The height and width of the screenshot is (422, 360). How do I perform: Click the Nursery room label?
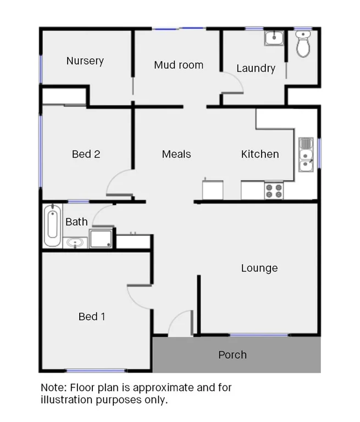point(85,61)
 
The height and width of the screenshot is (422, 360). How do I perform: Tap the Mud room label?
point(178,65)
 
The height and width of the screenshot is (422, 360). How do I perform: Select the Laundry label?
point(256,68)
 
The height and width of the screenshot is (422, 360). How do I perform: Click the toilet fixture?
point(303,43)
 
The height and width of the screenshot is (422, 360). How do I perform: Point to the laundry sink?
point(273,38)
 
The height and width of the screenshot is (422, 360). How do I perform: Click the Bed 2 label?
point(86,154)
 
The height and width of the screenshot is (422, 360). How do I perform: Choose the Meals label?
point(176,154)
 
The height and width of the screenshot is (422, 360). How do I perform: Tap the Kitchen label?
point(260,154)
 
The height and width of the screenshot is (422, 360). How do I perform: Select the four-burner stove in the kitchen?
point(274,191)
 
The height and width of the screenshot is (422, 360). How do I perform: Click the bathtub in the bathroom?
point(52,225)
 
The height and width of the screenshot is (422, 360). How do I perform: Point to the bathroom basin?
point(74,242)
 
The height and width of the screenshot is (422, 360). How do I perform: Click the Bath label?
point(76,222)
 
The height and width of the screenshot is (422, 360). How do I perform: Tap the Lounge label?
point(259,268)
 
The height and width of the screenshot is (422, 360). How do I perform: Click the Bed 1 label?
point(92,316)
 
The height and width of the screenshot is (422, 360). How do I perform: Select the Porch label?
point(232,354)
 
